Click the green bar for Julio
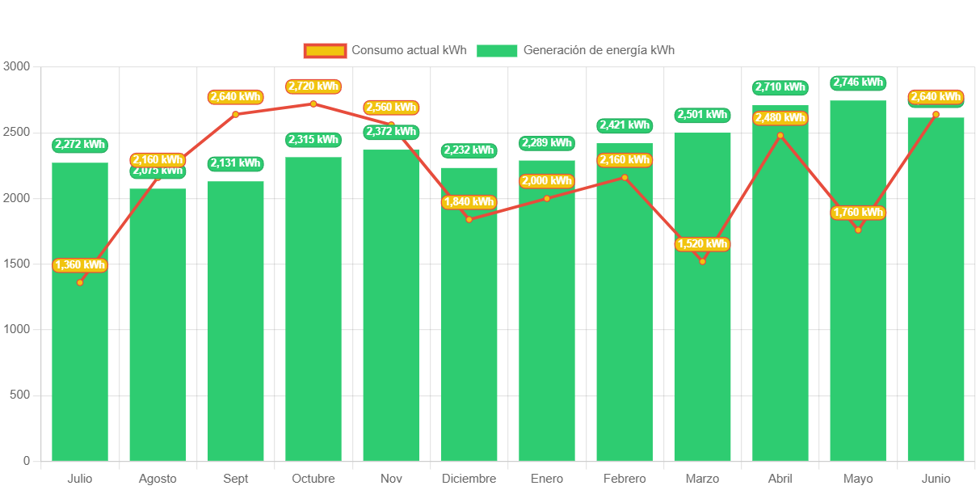(79, 323)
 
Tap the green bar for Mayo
(857, 323)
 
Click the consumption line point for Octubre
(313, 103)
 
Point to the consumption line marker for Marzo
(702, 261)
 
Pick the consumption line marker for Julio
(80, 282)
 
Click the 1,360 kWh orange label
(80, 265)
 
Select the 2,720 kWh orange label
(313, 87)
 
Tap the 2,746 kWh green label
(858, 82)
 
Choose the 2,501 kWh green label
(702, 115)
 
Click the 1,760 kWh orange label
(858, 213)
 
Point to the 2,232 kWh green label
(469, 150)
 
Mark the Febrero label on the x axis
(625, 479)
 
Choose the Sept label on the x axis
(236, 479)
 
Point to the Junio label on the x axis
(936, 479)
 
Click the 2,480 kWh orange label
(780, 118)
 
